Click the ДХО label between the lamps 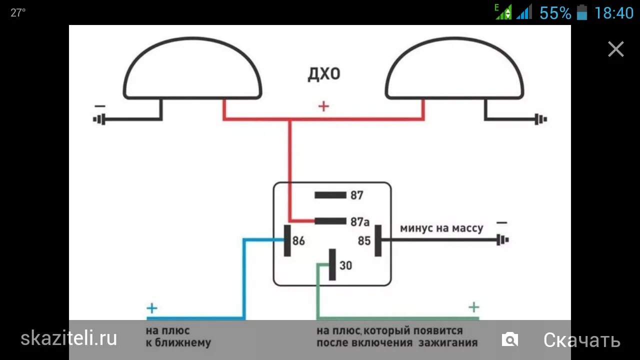tap(324, 74)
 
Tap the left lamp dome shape tap(192, 70)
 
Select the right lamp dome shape tap(454, 70)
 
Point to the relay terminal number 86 tap(298, 241)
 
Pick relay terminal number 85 tap(364, 241)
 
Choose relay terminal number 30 tap(345, 265)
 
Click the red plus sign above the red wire tap(324, 106)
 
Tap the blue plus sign tap(151, 308)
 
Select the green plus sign tap(473, 307)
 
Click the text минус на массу tap(441, 228)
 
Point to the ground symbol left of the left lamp tap(99, 119)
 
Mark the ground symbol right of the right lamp tap(541, 119)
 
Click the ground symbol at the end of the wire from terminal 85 tap(502, 240)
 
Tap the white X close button tap(615, 49)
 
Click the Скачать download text tap(581, 340)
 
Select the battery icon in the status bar tap(582, 12)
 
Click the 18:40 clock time tap(613, 13)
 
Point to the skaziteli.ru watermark tap(68, 338)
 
